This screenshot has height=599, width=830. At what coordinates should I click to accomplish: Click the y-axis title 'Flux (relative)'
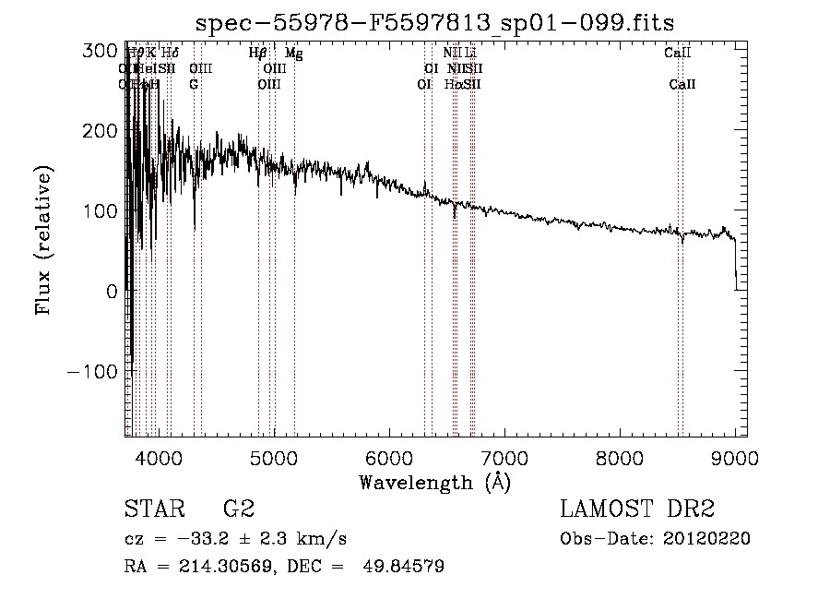pyautogui.click(x=43, y=241)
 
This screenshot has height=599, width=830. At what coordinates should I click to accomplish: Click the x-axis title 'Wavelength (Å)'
pyautogui.click(x=434, y=481)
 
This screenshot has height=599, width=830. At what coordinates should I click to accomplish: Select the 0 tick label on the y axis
pyautogui.click(x=111, y=291)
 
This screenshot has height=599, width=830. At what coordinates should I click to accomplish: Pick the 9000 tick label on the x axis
pyautogui.click(x=735, y=456)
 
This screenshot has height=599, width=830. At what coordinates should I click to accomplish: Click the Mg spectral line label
pyautogui.click(x=293, y=54)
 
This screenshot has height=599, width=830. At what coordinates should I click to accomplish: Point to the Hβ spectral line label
pyautogui.click(x=258, y=54)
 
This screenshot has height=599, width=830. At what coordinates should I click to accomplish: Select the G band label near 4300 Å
pyautogui.click(x=194, y=84)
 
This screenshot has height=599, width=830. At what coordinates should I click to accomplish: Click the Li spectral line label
pyautogui.click(x=470, y=54)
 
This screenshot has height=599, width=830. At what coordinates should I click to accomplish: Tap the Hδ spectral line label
pyautogui.click(x=171, y=54)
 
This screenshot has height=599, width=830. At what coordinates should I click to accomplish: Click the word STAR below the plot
pyautogui.click(x=153, y=509)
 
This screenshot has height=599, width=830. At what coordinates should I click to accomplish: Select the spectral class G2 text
pyautogui.click(x=238, y=509)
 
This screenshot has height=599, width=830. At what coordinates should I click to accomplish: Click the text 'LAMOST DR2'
pyautogui.click(x=637, y=509)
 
